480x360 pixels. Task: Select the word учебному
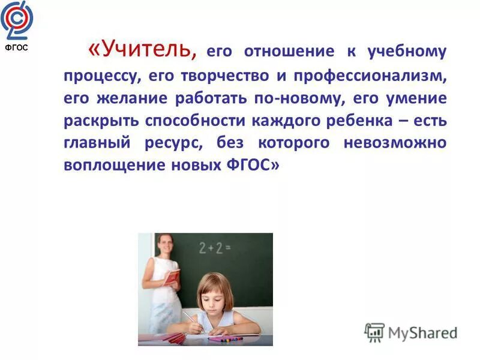coord(408,52)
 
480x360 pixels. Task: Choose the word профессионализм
coord(366,76)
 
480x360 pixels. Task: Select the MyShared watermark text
coord(422,332)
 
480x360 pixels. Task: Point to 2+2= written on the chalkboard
coord(214,248)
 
